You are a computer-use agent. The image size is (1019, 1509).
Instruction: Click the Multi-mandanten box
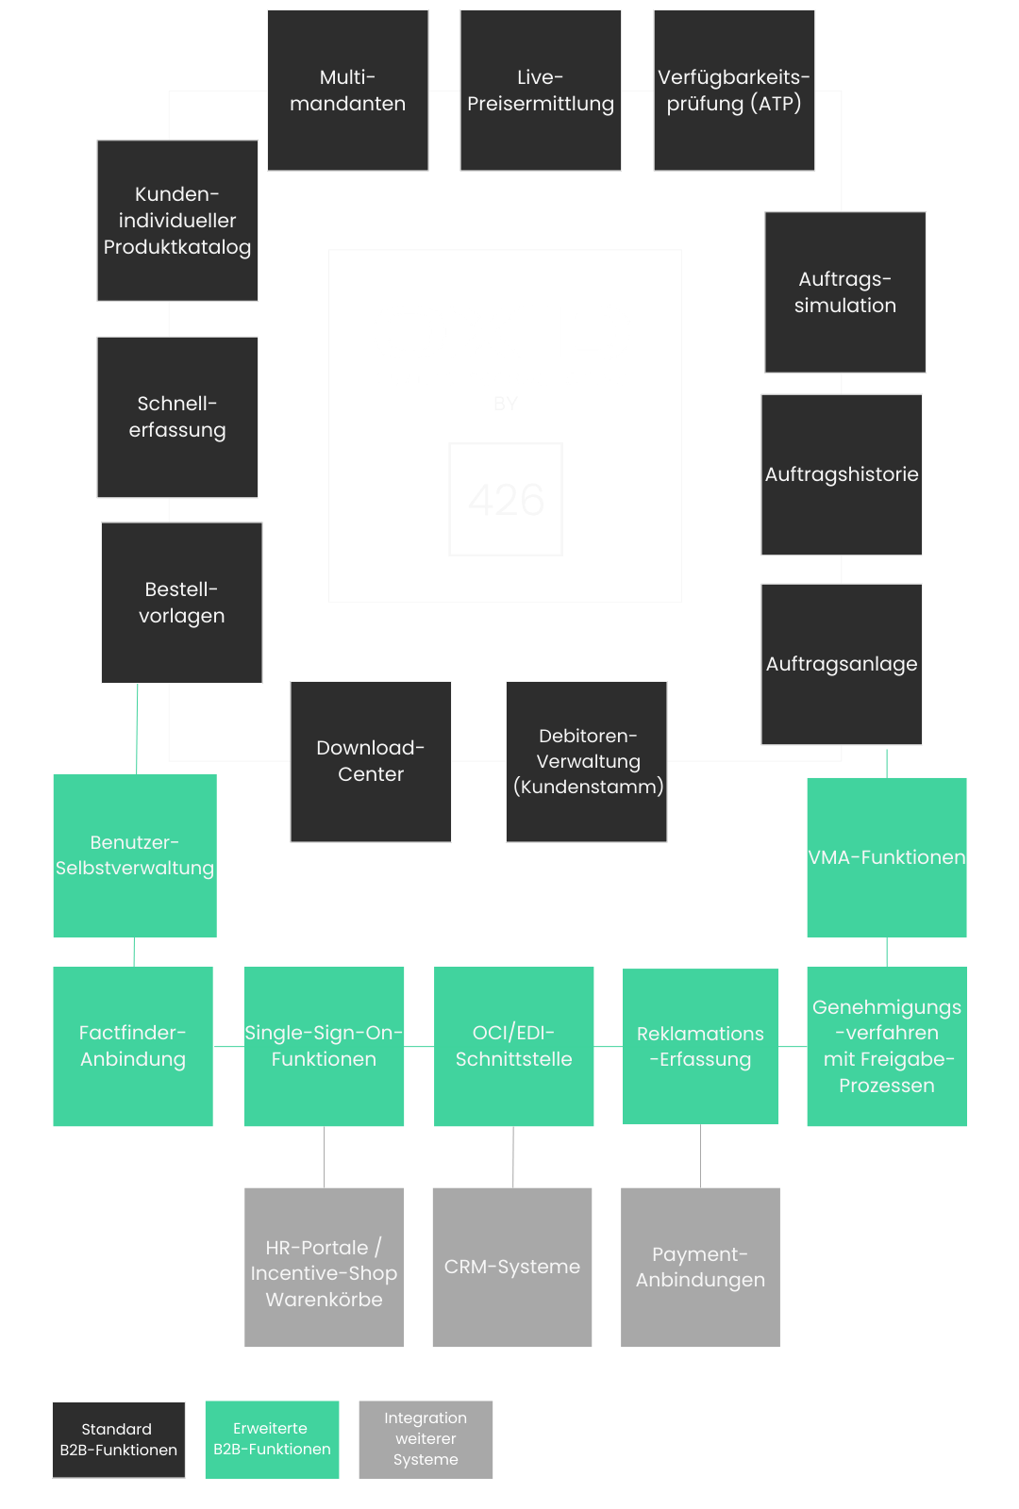point(348,91)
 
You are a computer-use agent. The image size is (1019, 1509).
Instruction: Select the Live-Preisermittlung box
point(541,91)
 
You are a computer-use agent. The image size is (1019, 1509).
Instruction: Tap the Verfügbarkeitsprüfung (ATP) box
point(734,91)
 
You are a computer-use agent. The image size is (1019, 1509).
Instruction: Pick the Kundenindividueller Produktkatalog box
point(177,221)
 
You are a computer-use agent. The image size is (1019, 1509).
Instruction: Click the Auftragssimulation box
point(845,292)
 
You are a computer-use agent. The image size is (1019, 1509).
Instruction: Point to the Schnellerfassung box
point(177,417)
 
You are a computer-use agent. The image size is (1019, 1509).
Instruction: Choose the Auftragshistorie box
point(842,475)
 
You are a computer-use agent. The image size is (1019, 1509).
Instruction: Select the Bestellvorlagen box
point(182,603)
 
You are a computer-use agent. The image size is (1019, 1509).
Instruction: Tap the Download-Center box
point(371,762)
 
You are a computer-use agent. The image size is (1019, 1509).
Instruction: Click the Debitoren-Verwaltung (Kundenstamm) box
point(586,762)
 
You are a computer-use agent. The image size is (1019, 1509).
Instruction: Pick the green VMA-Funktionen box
point(887,857)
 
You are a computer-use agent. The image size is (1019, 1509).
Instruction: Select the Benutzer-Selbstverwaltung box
point(135,855)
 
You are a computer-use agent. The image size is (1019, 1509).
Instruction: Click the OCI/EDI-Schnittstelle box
point(513,1046)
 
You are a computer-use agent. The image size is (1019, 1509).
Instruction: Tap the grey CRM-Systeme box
point(512,1268)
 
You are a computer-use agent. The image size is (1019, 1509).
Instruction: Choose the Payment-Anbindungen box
point(700,1268)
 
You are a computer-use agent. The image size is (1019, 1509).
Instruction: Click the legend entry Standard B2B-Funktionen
point(119,1439)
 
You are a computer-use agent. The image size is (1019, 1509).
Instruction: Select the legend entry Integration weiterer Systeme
point(426,1439)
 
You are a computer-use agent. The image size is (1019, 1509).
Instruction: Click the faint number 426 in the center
point(506,500)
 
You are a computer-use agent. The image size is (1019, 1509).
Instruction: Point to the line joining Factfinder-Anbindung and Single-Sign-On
point(228,1046)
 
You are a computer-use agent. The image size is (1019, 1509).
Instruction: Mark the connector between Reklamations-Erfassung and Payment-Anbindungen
point(700,1156)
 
